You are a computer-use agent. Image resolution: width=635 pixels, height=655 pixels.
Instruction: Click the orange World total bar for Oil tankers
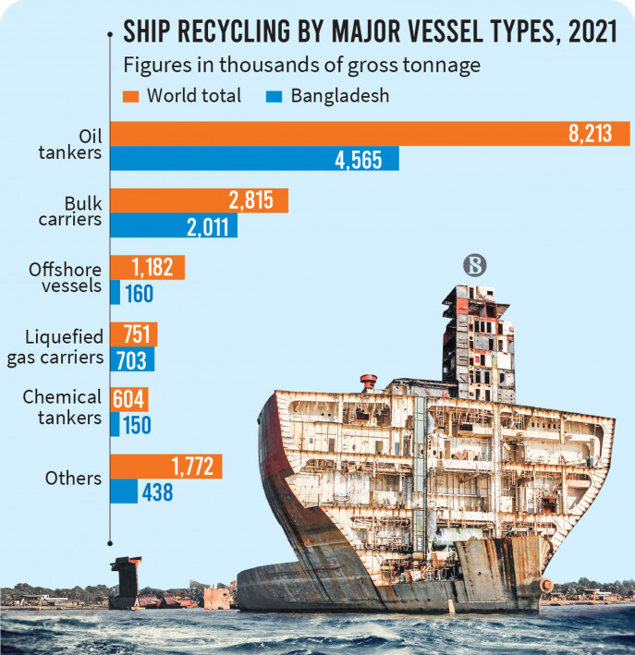[370, 133]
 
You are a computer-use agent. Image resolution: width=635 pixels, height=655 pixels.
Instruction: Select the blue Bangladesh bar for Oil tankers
[254, 158]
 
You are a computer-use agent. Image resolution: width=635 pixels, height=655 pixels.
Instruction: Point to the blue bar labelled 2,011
[173, 226]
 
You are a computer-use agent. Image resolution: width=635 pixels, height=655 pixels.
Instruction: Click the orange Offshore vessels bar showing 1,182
[147, 268]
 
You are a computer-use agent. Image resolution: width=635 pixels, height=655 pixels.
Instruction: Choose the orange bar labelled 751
[133, 334]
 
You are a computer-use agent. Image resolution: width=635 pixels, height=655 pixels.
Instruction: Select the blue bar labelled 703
[132, 359]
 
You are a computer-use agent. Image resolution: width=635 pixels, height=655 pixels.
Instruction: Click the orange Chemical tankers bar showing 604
[128, 400]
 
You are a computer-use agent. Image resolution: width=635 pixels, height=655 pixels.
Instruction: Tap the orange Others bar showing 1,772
[165, 467]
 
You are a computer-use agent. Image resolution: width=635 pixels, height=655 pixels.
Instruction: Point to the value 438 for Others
[157, 491]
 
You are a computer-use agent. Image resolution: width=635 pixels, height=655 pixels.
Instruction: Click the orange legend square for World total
[130, 94]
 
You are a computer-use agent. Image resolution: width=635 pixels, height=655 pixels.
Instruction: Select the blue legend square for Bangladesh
[274, 94]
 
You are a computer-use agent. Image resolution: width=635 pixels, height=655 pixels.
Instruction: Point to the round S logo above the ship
[473, 266]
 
